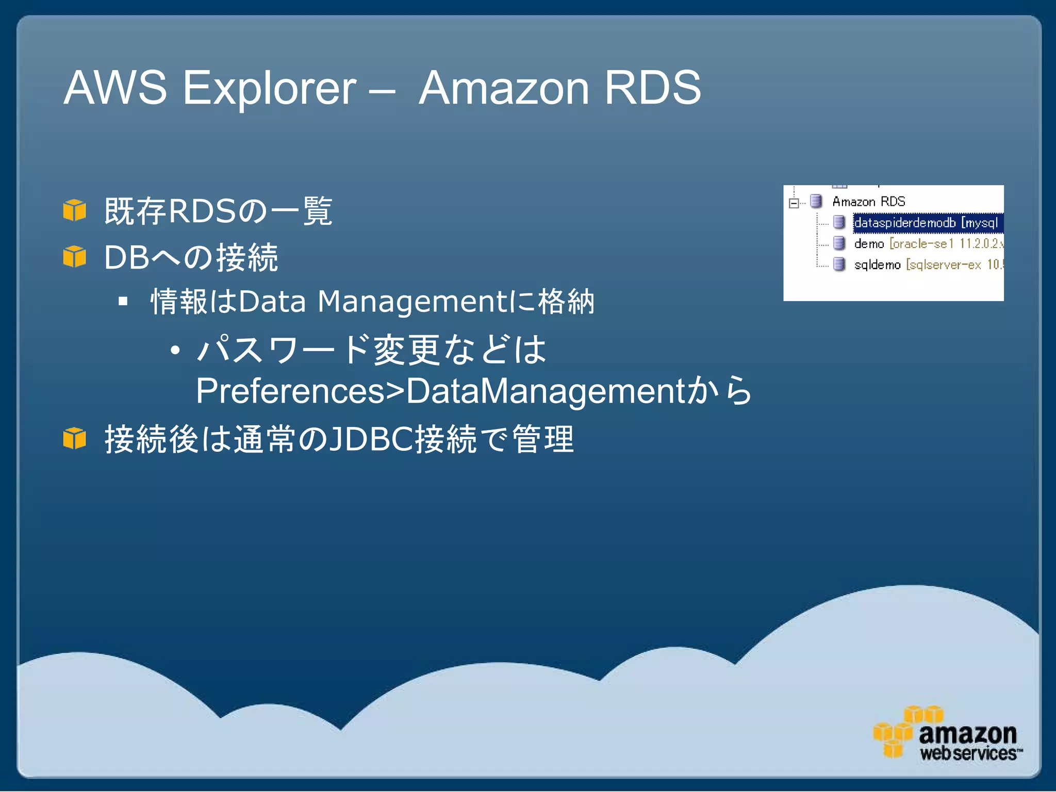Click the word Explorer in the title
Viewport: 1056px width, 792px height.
tap(269, 88)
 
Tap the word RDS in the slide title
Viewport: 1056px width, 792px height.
tap(652, 88)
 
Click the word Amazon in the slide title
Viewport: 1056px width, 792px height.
tap(504, 88)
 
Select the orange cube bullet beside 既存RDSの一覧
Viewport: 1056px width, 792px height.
tap(75, 210)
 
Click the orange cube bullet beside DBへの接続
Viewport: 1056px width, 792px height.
tap(75, 256)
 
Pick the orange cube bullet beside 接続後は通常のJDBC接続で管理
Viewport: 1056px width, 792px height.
tap(75, 439)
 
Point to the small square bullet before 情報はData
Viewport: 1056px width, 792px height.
tap(123, 301)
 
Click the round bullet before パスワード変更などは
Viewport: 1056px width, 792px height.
tap(175, 351)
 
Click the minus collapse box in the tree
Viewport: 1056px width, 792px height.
tap(794, 203)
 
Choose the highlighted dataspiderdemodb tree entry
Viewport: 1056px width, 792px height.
tap(926, 223)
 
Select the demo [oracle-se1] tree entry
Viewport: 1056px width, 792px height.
tap(927, 243)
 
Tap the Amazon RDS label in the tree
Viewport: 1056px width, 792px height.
tap(869, 202)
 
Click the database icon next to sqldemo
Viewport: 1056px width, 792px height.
tap(839, 264)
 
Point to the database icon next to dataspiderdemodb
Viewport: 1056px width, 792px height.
tap(839, 222)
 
